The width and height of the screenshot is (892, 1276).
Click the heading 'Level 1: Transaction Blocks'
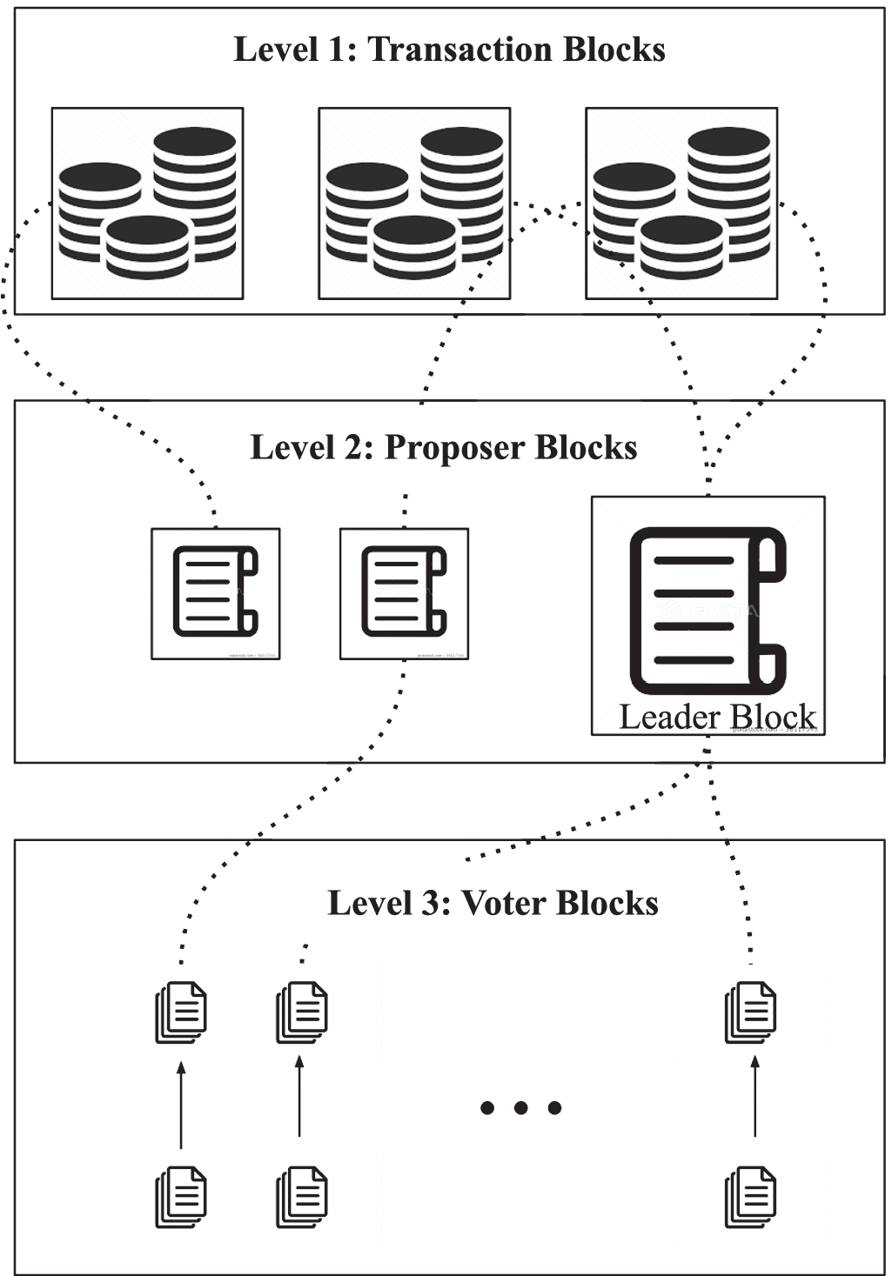click(x=449, y=50)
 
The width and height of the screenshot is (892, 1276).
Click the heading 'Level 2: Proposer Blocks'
click(x=444, y=448)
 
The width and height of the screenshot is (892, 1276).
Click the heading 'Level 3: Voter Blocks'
click(x=493, y=904)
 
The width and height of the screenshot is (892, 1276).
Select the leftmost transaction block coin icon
click(x=147, y=204)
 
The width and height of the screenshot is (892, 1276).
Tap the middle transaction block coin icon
click(x=414, y=204)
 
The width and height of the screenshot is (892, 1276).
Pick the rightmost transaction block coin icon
click(x=681, y=204)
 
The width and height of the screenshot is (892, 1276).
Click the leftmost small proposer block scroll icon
click(x=216, y=592)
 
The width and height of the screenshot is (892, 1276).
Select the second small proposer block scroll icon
click(x=404, y=592)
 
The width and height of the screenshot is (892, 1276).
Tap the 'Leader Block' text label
click(x=717, y=717)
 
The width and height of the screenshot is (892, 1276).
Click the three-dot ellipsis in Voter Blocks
click(x=520, y=1107)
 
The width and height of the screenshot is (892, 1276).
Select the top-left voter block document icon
click(x=181, y=1012)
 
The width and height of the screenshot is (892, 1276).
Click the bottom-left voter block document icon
click(x=181, y=1197)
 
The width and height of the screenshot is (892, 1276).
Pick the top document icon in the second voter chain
click(x=301, y=1012)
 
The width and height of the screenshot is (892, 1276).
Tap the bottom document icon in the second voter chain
click(x=301, y=1197)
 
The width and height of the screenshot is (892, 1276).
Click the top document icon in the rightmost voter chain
click(x=750, y=1012)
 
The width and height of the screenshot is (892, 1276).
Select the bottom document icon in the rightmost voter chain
click(x=750, y=1197)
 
